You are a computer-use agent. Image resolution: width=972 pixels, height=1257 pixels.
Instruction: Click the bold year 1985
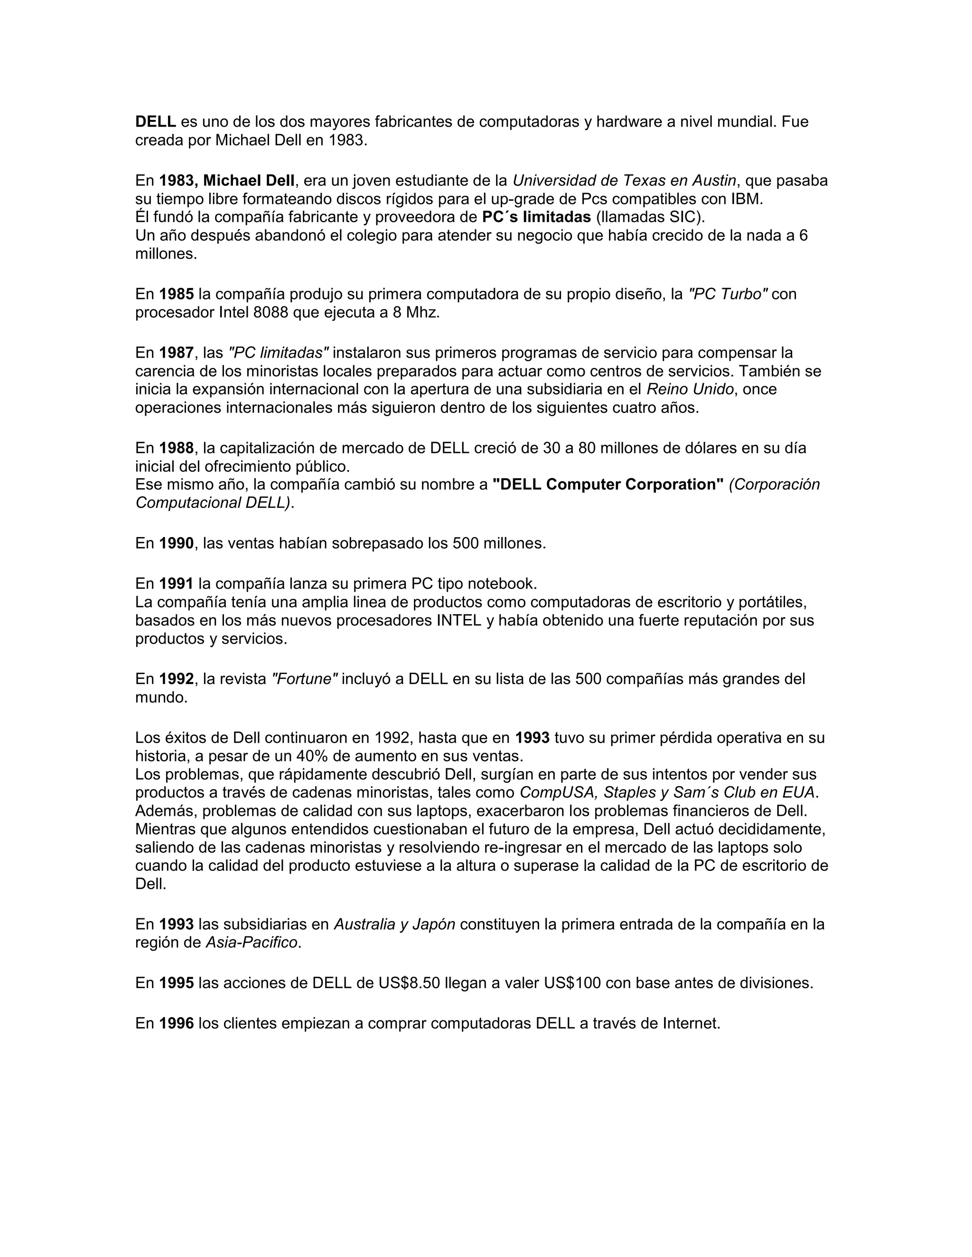click(176, 295)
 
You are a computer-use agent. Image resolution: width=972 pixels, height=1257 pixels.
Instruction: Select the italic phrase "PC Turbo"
click(728, 295)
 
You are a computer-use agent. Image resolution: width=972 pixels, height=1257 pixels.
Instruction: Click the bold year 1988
click(176, 448)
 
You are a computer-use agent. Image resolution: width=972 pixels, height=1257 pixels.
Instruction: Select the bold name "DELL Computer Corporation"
click(607, 485)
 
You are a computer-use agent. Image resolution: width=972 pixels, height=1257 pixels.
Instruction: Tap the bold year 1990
click(176, 543)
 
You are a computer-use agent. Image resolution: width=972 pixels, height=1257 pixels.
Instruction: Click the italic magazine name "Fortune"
click(304, 679)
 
